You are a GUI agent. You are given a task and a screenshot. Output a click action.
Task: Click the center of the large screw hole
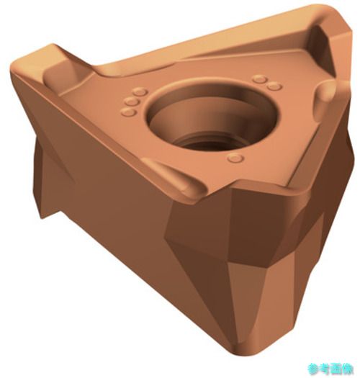coord(212,117)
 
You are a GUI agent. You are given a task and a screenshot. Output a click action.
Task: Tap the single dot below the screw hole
coord(235,158)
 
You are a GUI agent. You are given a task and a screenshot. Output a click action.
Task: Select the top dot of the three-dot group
coord(140,92)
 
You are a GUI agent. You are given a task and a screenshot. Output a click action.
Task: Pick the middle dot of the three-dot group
coord(132,102)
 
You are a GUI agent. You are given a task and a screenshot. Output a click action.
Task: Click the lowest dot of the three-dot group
coord(128,112)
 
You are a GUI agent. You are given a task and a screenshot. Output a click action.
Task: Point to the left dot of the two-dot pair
coord(260,78)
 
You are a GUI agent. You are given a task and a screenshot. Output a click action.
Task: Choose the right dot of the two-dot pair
coord(274,86)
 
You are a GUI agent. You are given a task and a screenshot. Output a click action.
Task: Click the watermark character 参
coord(313,369)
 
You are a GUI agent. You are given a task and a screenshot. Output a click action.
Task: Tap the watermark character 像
coord(348,369)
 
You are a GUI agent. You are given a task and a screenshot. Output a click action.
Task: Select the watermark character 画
coord(337,369)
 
